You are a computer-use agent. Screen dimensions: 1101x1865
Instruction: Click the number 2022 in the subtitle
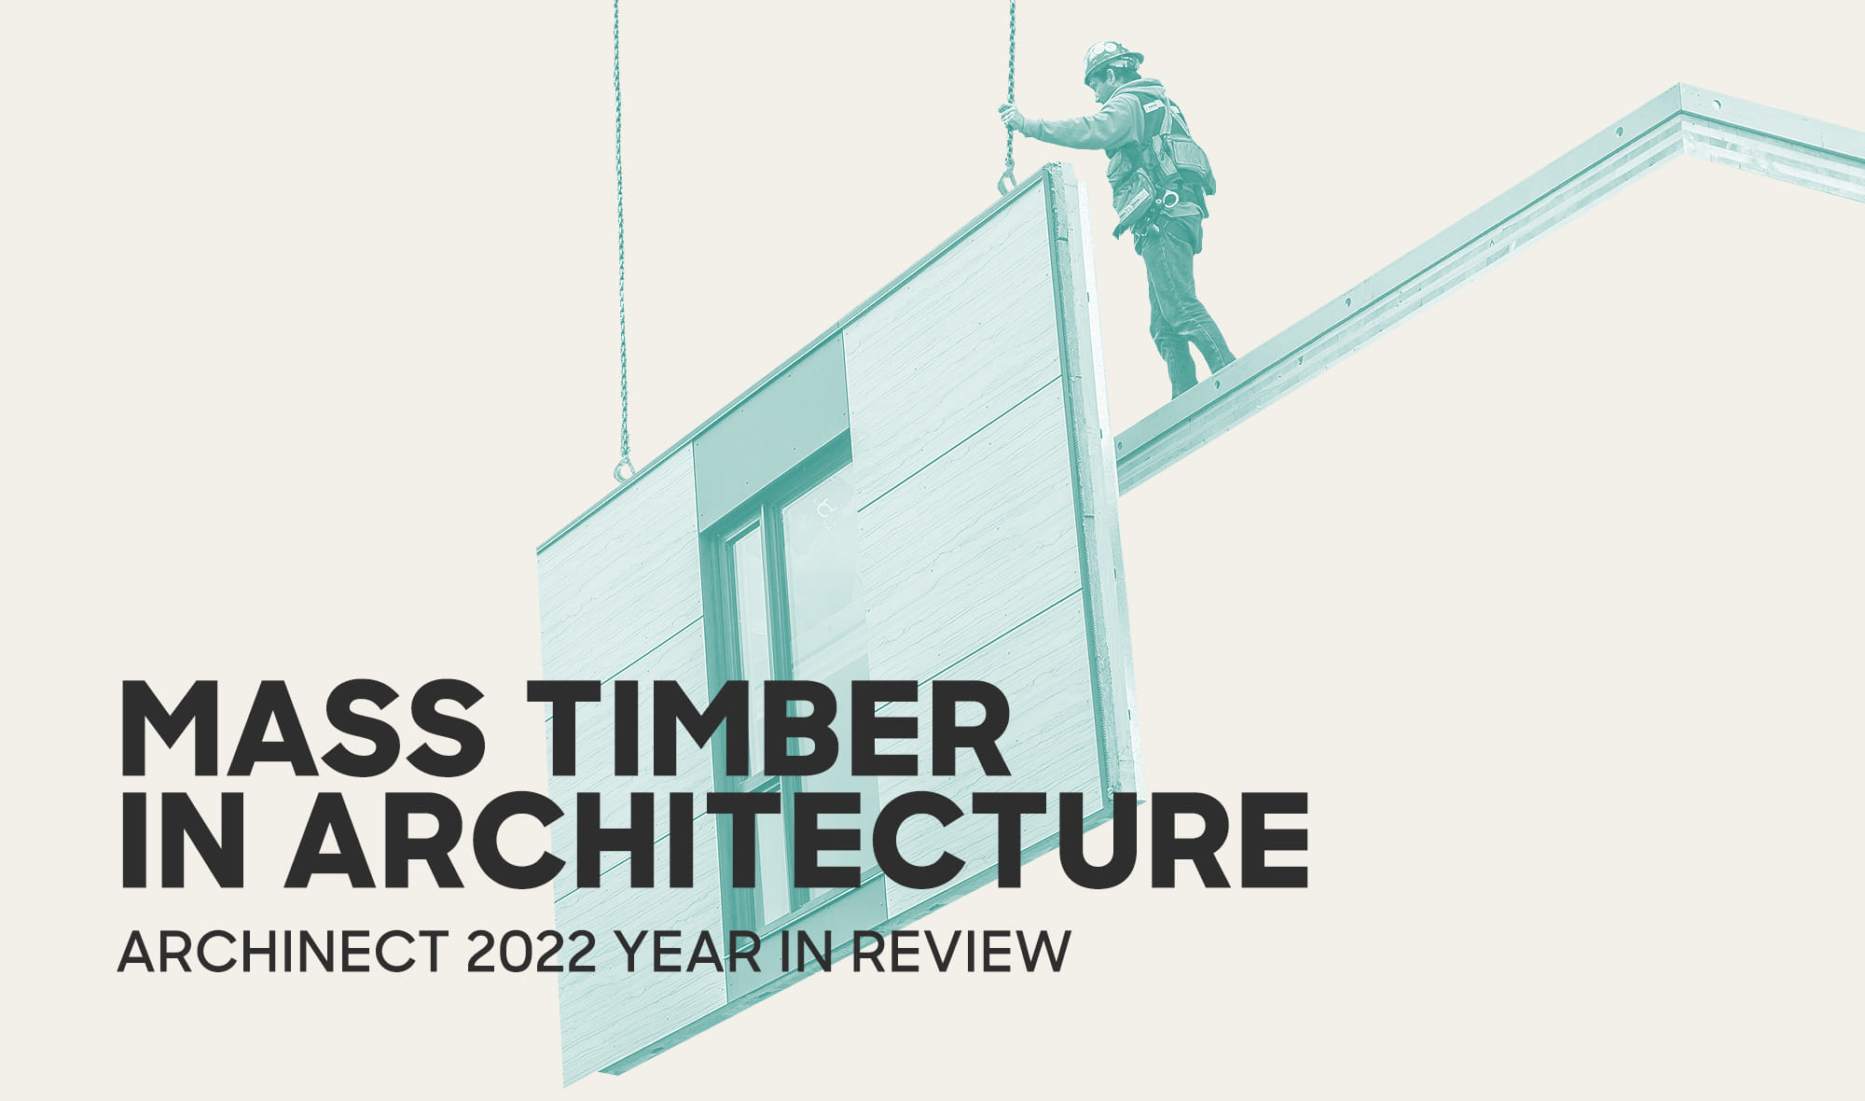coord(531,953)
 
